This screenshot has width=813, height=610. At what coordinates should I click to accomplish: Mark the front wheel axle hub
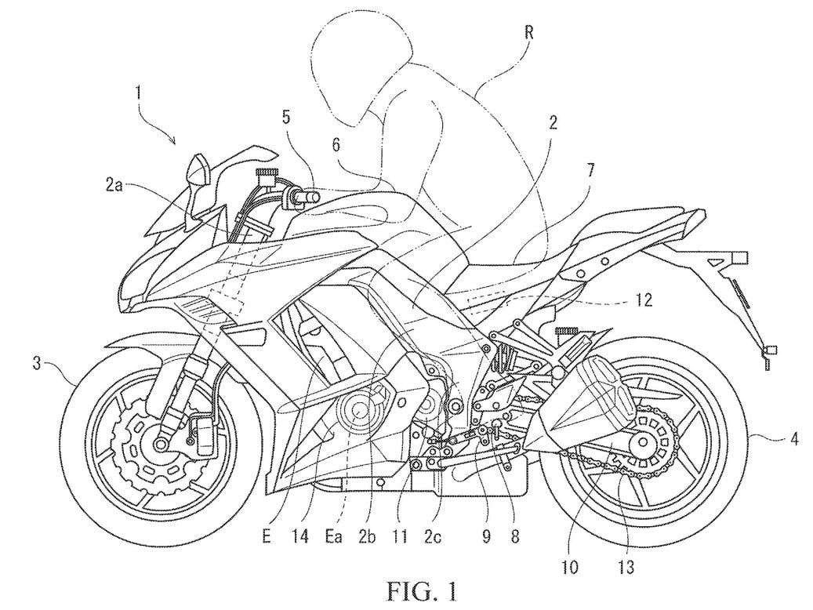point(162,444)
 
